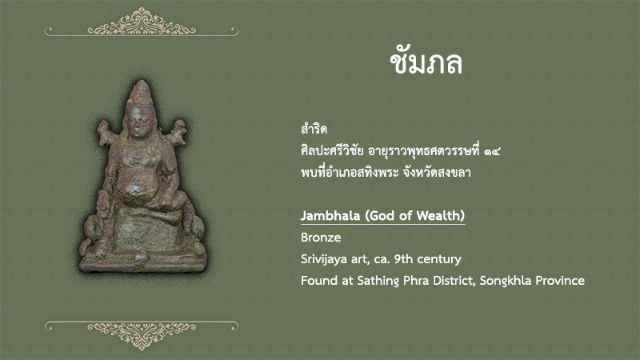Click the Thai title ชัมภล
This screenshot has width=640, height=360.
[x=426, y=63]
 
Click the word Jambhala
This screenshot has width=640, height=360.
[x=330, y=215]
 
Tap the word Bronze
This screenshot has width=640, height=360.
[x=321, y=237]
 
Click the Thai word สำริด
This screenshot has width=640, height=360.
[x=314, y=130]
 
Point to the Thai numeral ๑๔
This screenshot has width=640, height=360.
[x=492, y=151]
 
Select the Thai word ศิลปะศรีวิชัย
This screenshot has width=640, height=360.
[x=332, y=150]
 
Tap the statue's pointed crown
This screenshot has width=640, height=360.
[x=139, y=91]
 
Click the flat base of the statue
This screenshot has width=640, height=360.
[x=142, y=262]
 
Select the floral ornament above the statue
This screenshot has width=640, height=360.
[x=142, y=22]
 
